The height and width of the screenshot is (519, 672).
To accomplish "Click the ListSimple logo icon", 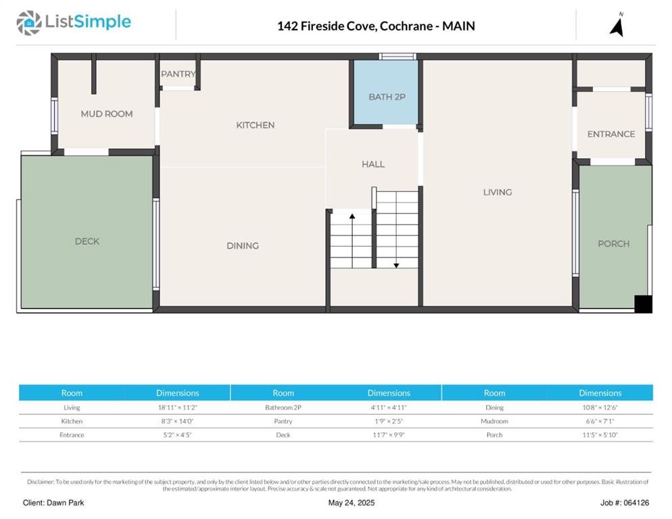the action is tap(28, 23).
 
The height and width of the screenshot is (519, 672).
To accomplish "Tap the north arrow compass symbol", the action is tap(617, 25).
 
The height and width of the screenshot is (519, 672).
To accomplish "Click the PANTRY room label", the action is tap(178, 74).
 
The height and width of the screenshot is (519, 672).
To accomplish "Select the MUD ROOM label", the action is tap(107, 114).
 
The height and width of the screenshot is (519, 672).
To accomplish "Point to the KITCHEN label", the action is tap(256, 125).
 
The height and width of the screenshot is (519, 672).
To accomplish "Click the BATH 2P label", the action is tap(387, 97).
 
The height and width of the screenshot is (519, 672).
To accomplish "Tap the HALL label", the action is tap(373, 164).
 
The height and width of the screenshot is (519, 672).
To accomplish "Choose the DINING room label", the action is tap(243, 245).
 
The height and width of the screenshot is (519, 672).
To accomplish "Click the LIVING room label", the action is tap(498, 193).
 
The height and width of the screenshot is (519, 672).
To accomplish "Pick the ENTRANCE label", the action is tap(611, 134).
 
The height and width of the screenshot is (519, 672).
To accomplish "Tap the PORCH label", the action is tap(614, 244).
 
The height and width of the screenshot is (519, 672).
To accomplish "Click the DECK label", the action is tap(87, 241).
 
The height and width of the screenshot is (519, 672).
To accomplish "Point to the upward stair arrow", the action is tap(352, 241).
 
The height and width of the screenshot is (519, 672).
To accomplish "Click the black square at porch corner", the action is tap(644, 304).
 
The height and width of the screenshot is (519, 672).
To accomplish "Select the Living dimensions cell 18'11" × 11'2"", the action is tap(177, 407).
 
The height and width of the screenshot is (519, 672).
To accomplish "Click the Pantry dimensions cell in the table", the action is tap(389, 421).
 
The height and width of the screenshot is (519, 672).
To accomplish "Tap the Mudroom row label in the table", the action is tap(495, 421).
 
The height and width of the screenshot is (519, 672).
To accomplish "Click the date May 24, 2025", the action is tap(352, 503).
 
